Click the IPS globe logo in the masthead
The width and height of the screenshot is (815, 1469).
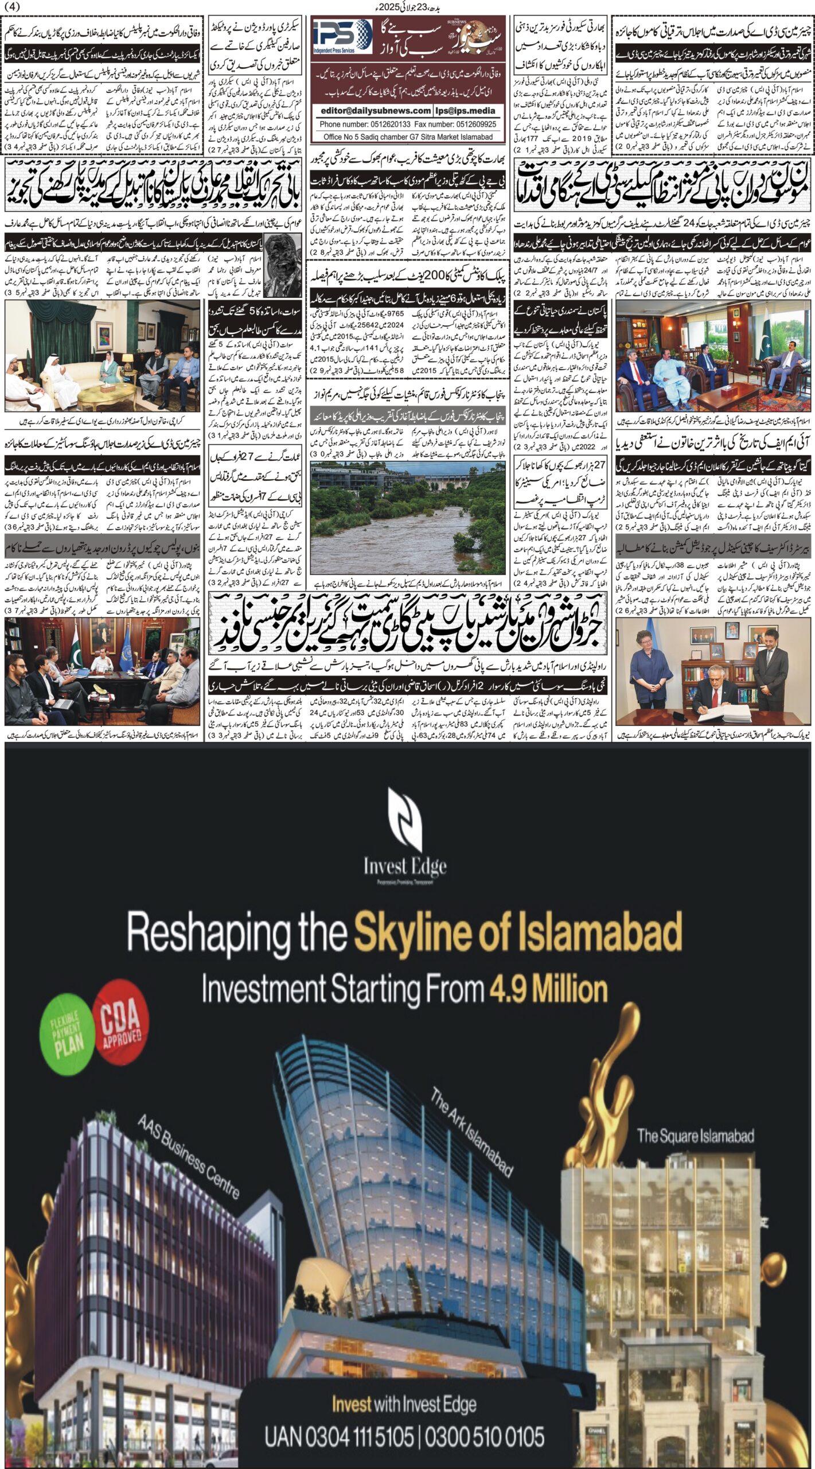342,36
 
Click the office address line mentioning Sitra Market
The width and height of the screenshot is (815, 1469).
408,137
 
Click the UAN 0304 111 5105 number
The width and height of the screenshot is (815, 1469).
338,1433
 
